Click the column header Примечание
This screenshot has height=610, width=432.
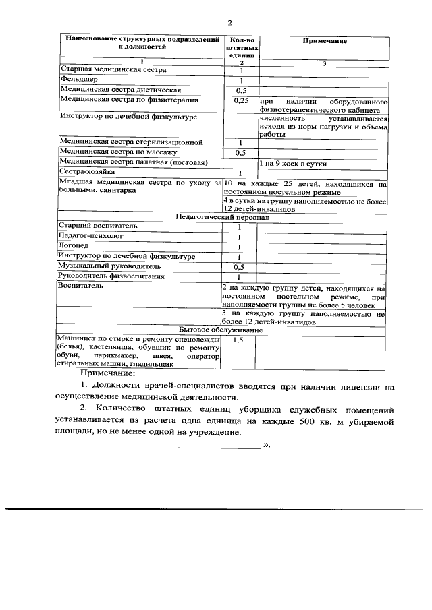tap(324, 42)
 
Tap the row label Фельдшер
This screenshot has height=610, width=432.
tap(76, 80)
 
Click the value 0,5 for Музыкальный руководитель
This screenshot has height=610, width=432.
tap(239, 268)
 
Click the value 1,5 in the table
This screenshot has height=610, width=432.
tap(238, 342)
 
